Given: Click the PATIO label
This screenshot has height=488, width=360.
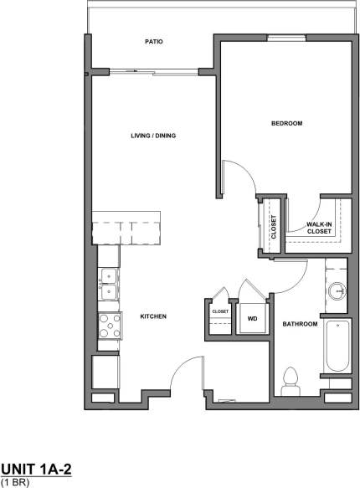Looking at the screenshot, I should coord(152,40).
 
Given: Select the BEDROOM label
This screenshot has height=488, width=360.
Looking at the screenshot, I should coord(286,123).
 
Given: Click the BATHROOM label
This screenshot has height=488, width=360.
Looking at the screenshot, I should coord(300,324).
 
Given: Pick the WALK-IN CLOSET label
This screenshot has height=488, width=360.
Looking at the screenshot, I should coord(318,228).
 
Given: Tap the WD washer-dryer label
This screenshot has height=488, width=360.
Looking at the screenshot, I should coord(251,318).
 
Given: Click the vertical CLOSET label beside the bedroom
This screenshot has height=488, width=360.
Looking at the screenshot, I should coord(273,227).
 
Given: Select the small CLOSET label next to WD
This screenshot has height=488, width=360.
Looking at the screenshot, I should coord(220,311).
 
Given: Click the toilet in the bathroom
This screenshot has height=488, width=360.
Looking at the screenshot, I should coord(292,381).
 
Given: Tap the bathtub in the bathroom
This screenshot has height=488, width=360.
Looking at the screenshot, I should coord(337,346).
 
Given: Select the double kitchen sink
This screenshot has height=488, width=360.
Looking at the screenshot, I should coord(108,284).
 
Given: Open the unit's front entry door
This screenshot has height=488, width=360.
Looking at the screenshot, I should coord(186,374).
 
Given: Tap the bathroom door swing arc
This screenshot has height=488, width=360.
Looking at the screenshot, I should coord(294,276).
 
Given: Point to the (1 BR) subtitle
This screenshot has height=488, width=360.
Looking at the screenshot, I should coord(14,482).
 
